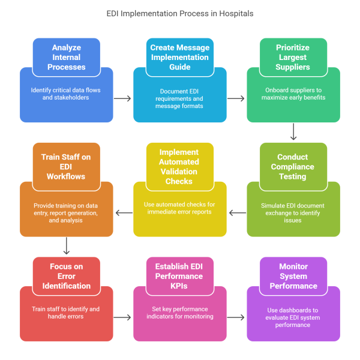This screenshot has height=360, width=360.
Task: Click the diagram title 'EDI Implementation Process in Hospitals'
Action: [180, 13]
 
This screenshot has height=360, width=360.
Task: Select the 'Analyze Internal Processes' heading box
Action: [67, 56]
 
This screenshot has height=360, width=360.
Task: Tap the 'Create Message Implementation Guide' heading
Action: [179, 56]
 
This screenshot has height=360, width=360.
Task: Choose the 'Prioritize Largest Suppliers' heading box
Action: [293, 56]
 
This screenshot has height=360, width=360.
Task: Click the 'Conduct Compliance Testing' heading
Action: [293, 167]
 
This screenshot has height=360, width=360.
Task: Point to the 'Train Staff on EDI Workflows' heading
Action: [67, 167]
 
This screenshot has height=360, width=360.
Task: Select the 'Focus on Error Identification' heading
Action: [67, 276]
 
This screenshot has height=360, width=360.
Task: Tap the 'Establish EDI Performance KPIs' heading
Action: [179, 276]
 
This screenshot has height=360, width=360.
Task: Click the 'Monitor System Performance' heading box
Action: [293, 276]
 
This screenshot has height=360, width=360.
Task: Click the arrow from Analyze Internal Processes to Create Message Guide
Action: [123, 98]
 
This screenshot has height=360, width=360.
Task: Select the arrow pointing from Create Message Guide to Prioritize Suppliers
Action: [236, 98]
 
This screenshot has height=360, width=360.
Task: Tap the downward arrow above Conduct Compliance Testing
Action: [293, 132]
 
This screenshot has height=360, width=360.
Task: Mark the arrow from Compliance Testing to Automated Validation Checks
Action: [236, 212]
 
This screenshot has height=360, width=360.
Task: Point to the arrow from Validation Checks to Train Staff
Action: [123, 212]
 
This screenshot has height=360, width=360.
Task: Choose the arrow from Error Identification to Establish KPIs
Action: [123, 317]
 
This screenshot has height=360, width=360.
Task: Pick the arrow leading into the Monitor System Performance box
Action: [236, 317]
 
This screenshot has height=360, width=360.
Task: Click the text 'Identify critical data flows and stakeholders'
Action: [67, 94]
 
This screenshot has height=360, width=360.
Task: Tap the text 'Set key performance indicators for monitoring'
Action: [179, 313]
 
